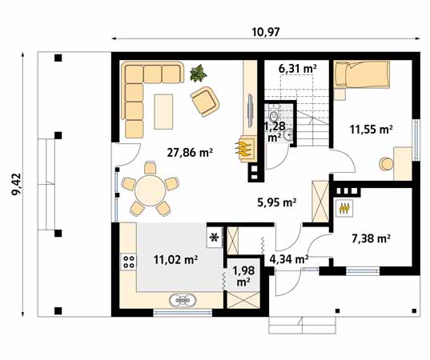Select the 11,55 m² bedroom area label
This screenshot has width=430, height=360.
(x=372, y=128)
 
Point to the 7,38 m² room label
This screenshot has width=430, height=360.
(x=371, y=238)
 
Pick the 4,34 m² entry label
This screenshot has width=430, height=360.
(x=288, y=258)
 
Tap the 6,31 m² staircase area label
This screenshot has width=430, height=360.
(x=298, y=69)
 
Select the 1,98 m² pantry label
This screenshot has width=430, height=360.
(x=241, y=275)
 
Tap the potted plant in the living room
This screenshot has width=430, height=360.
(x=197, y=74)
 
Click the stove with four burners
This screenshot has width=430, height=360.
(x=127, y=261)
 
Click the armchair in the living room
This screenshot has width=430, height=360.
(x=205, y=102)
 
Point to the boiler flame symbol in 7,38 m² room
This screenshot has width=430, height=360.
(x=345, y=208)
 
